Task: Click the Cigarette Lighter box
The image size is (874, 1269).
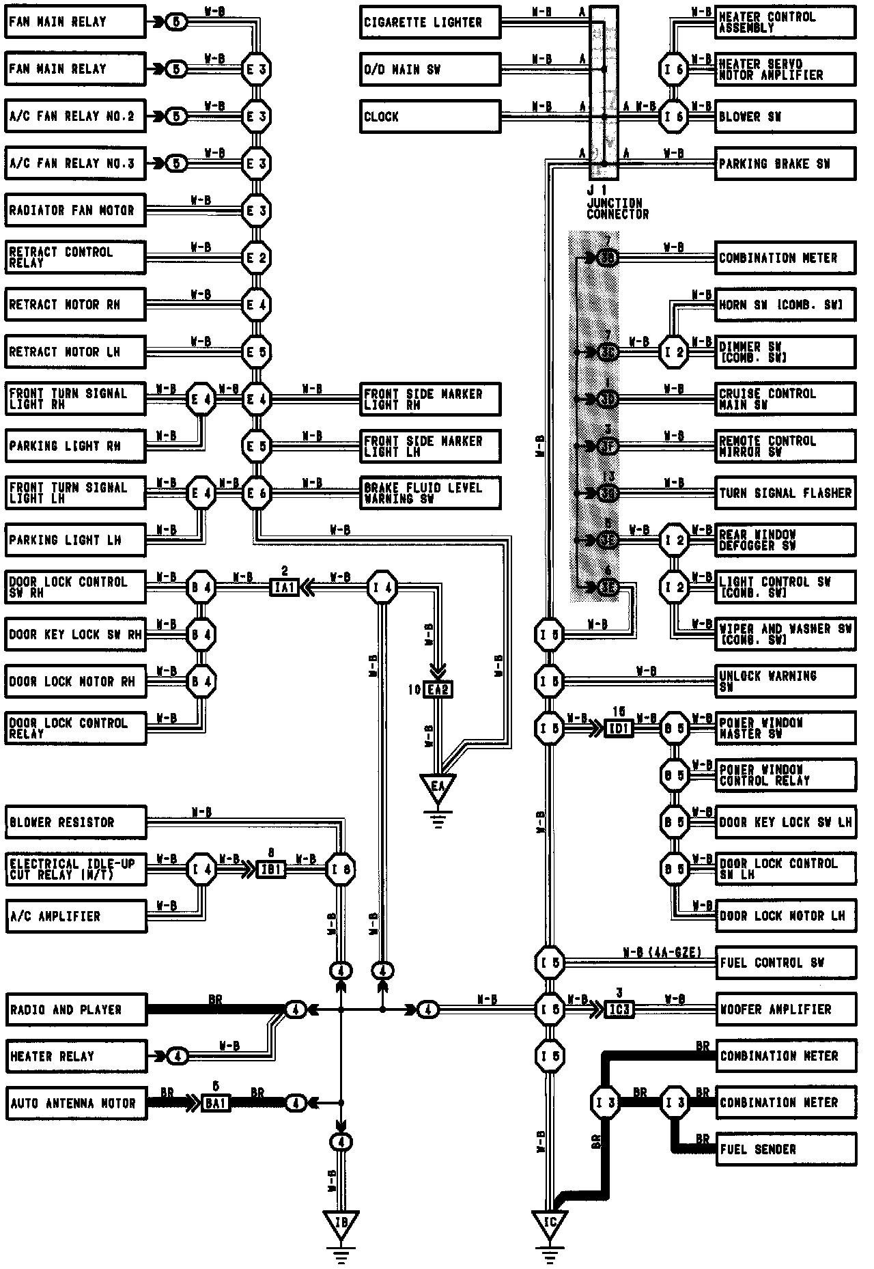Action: click(x=430, y=23)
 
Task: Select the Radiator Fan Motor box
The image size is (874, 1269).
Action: click(x=75, y=210)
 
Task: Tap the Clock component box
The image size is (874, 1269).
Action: click(x=430, y=117)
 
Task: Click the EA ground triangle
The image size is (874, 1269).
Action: click(x=438, y=787)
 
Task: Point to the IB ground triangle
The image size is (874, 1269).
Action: click(x=341, y=1224)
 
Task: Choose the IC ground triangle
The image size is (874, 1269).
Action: click(x=550, y=1224)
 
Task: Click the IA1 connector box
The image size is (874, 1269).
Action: click(x=284, y=587)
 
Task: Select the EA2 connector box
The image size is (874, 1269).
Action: click(x=438, y=690)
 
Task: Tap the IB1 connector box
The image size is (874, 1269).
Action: click(x=271, y=870)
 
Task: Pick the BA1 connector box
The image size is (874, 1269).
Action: click(x=216, y=1103)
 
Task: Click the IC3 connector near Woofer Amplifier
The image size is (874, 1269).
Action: click(x=619, y=1009)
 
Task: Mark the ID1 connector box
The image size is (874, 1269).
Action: click(x=619, y=729)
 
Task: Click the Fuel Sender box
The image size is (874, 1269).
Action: click(x=785, y=1149)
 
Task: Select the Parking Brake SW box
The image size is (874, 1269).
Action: click(x=785, y=164)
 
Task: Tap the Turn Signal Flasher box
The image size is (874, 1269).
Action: click(x=785, y=493)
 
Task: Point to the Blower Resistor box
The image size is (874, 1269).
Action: click(x=75, y=822)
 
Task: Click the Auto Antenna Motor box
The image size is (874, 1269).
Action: click(x=75, y=1103)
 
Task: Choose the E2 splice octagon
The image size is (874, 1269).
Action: click(x=257, y=258)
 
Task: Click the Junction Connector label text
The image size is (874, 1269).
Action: click(x=617, y=208)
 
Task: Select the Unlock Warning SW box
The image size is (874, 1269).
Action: click(x=785, y=681)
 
